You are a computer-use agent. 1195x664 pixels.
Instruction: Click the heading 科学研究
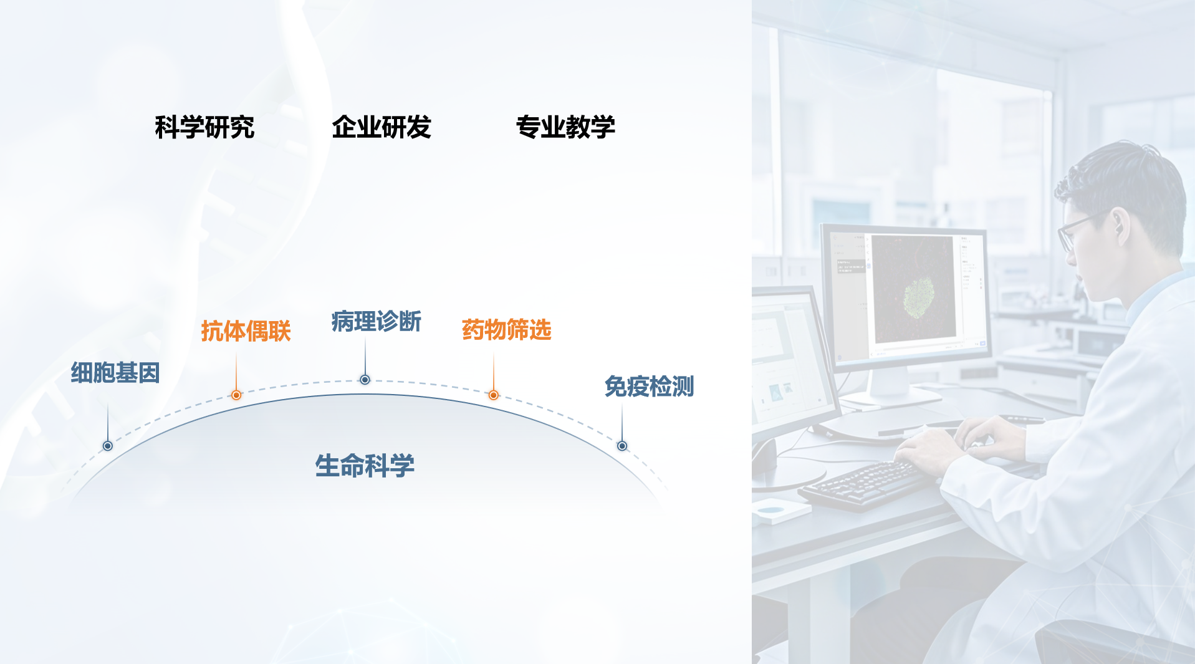pos(204,127)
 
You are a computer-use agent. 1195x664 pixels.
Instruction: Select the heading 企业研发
pos(382,127)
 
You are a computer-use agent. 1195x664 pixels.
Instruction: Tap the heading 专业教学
pos(565,127)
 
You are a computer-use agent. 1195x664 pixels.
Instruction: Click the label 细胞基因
pos(115,373)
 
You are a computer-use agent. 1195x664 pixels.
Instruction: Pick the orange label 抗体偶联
pos(246,331)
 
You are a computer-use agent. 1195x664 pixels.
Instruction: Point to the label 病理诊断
pos(377,322)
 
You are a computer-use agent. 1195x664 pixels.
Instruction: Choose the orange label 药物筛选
pos(507,330)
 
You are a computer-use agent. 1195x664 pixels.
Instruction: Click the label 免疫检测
pos(649,387)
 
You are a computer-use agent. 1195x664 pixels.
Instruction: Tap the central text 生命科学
pos(365,466)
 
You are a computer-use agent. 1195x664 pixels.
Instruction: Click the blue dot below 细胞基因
pos(108,446)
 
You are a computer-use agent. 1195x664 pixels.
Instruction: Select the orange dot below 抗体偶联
pos(236,395)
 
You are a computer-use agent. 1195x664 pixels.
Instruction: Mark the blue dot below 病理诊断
pos(365,380)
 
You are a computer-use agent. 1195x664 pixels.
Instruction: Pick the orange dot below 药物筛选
pos(494,395)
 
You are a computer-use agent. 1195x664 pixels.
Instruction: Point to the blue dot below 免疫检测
pos(622,446)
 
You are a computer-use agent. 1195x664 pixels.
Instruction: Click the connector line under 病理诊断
pos(365,356)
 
